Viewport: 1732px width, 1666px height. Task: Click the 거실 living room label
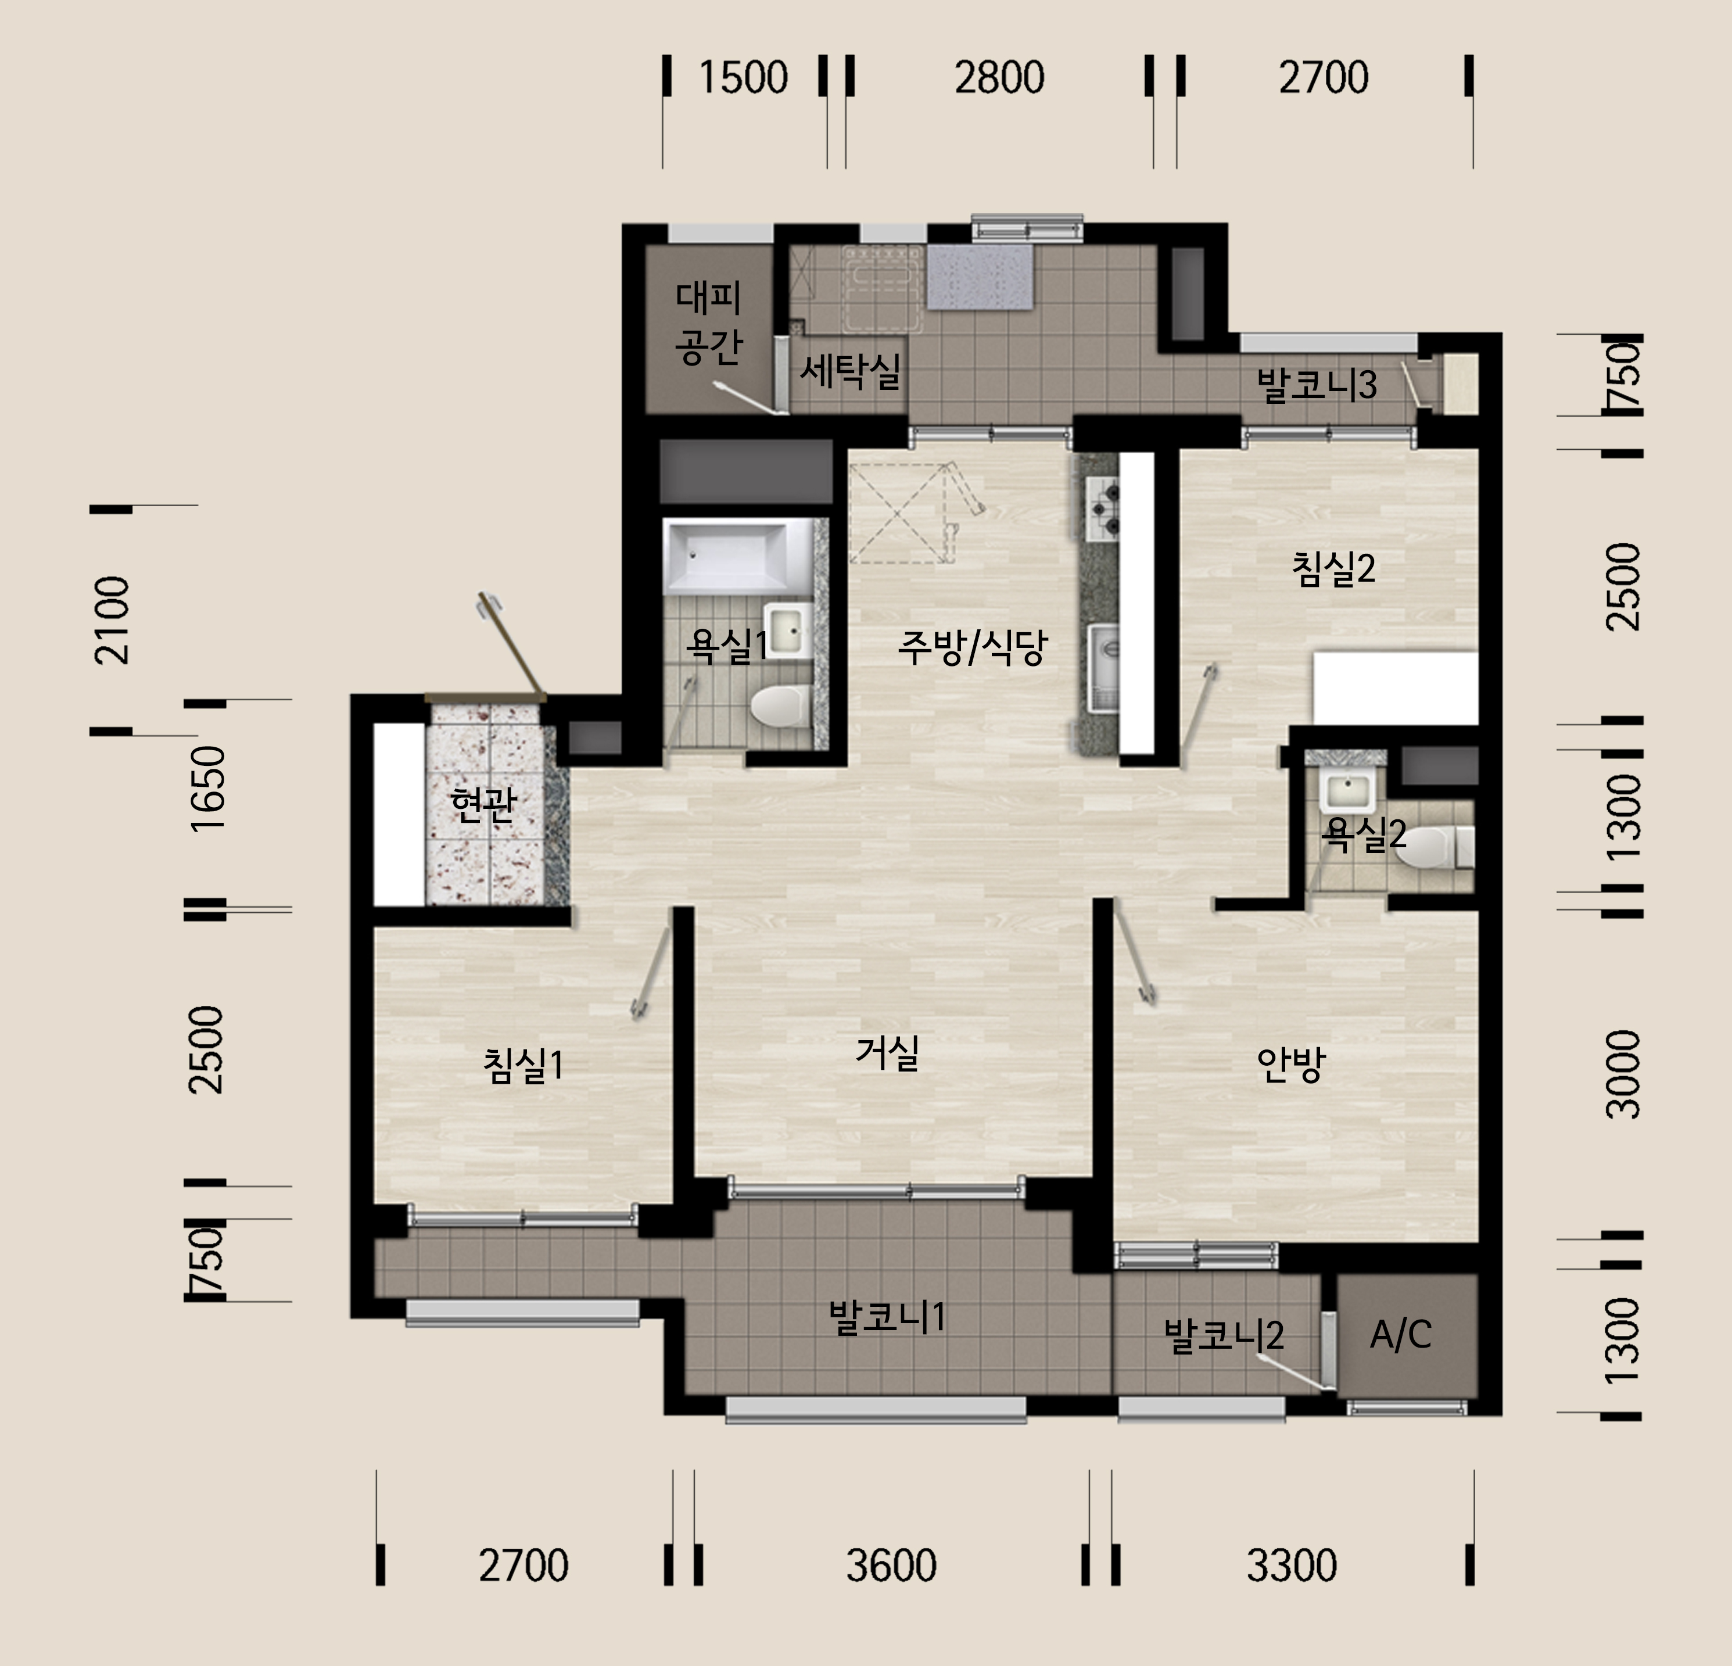click(x=887, y=1052)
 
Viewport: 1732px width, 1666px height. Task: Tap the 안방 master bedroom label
click(x=1291, y=1064)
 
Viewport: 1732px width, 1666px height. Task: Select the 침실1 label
click(x=522, y=1065)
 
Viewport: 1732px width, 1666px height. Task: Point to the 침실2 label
click(x=1333, y=569)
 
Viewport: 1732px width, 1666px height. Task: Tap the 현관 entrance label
click(x=482, y=804)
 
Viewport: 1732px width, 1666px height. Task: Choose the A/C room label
click(x=1401, y=1335)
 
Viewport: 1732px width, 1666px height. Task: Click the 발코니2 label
click(x=1224, y=1335)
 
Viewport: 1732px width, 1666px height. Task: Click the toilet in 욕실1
click(x=779, y=706)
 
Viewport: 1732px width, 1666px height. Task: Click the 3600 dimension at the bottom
click(x=891, y=1565)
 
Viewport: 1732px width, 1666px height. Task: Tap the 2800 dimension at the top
click(x=999, y=78)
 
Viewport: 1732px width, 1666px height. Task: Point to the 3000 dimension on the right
click(x=1623, y=1074)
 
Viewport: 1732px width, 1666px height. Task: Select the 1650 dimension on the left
click(x=209, y=789)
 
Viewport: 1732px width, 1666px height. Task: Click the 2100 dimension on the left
click(x=112, y=621)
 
